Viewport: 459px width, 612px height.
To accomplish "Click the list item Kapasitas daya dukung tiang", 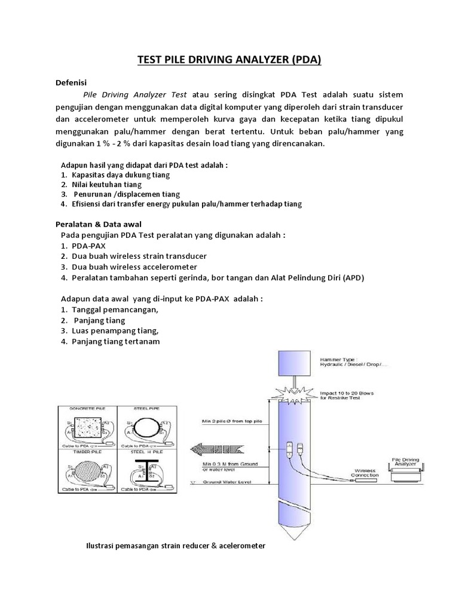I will tap(120, 175).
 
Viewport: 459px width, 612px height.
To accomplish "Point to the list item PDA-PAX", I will tap(87, 246).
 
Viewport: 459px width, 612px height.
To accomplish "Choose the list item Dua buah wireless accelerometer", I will tap(134, 267).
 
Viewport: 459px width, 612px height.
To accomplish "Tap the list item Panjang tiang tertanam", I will tap(115, 341).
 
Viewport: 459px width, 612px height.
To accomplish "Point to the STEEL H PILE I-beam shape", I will tap(146, 473).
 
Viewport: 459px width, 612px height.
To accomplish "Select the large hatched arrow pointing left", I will tap(222, 446).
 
